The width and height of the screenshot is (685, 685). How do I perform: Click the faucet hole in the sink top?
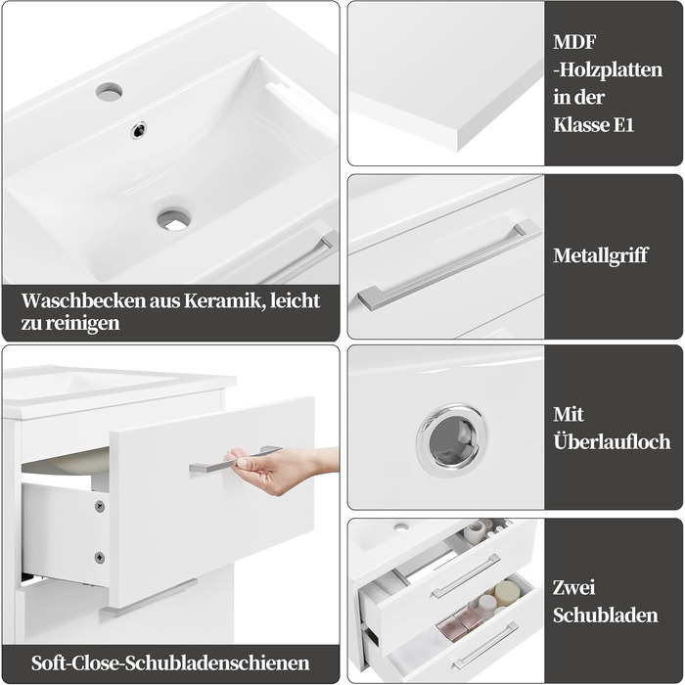(109, 91)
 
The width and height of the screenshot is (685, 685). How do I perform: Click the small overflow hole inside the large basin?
(139, 130)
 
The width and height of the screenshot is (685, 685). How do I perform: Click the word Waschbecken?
(83, 301)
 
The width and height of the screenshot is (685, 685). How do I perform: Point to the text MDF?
(575, 42)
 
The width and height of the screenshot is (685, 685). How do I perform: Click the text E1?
(624, 125)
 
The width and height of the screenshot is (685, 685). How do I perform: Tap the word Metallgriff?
(600, 255)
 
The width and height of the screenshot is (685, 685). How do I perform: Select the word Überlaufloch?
(612, 441)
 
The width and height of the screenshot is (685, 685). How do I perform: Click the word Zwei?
(574, 587)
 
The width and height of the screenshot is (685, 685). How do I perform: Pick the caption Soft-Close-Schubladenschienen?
(170, 663)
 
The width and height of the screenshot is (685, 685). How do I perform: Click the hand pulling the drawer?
(280, 469)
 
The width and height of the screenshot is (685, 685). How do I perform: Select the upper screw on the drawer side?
(100, 507)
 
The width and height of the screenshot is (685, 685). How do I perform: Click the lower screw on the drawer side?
(100, 558)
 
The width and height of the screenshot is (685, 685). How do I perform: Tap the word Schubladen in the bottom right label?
(606, 616)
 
